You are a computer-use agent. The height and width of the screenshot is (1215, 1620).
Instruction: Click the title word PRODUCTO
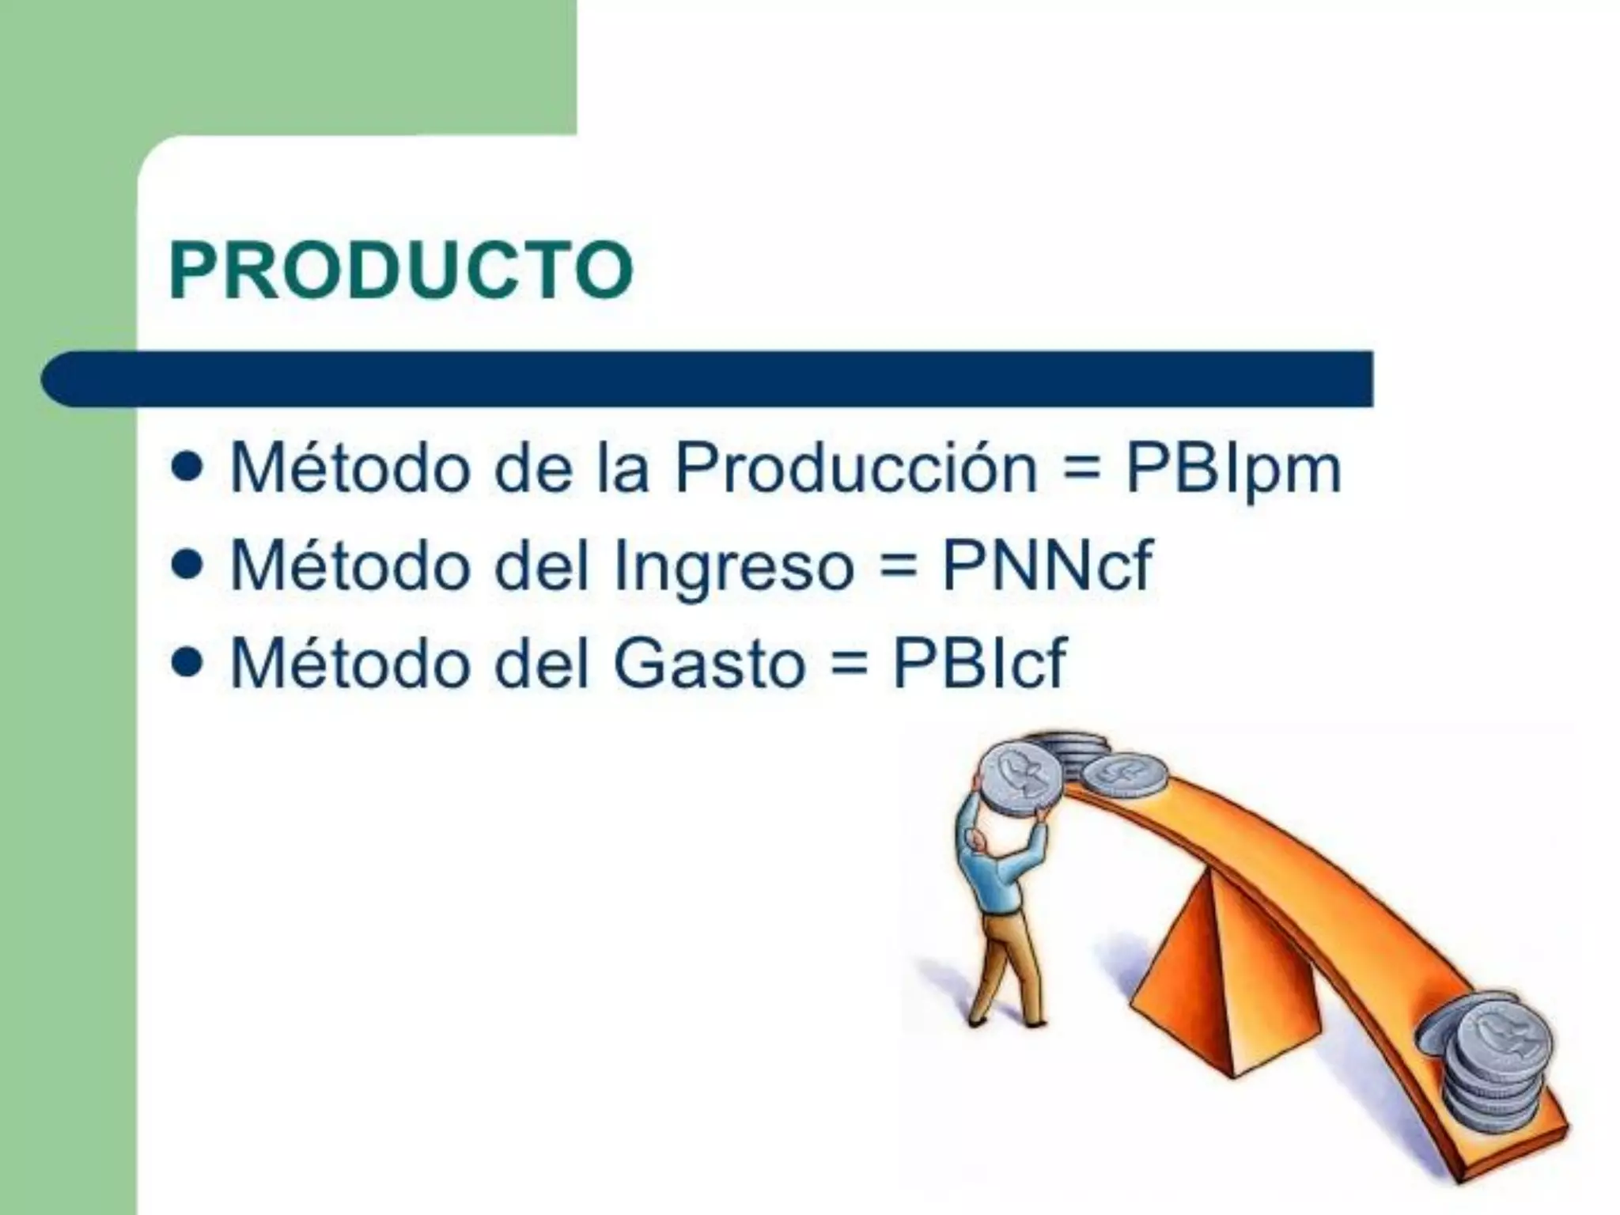coord(401,271)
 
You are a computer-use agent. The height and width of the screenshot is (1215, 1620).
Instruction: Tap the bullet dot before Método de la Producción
coord(187,469)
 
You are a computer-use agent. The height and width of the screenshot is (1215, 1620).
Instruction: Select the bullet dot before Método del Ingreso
coord(187,566)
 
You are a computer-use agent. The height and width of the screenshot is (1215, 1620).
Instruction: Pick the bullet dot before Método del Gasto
coord(187,662)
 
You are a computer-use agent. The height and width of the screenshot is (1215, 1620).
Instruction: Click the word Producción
coord(855,468)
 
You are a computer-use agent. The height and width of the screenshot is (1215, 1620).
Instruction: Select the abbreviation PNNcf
coord(1047,566)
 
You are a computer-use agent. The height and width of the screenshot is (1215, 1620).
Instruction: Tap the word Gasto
coord(709,663)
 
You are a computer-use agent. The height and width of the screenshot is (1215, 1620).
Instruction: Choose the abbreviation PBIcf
coord(979,663)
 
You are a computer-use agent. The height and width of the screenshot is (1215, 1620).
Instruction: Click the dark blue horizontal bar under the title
coord(712,379)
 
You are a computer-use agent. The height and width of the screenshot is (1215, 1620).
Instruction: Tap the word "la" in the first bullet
coord(623,468)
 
